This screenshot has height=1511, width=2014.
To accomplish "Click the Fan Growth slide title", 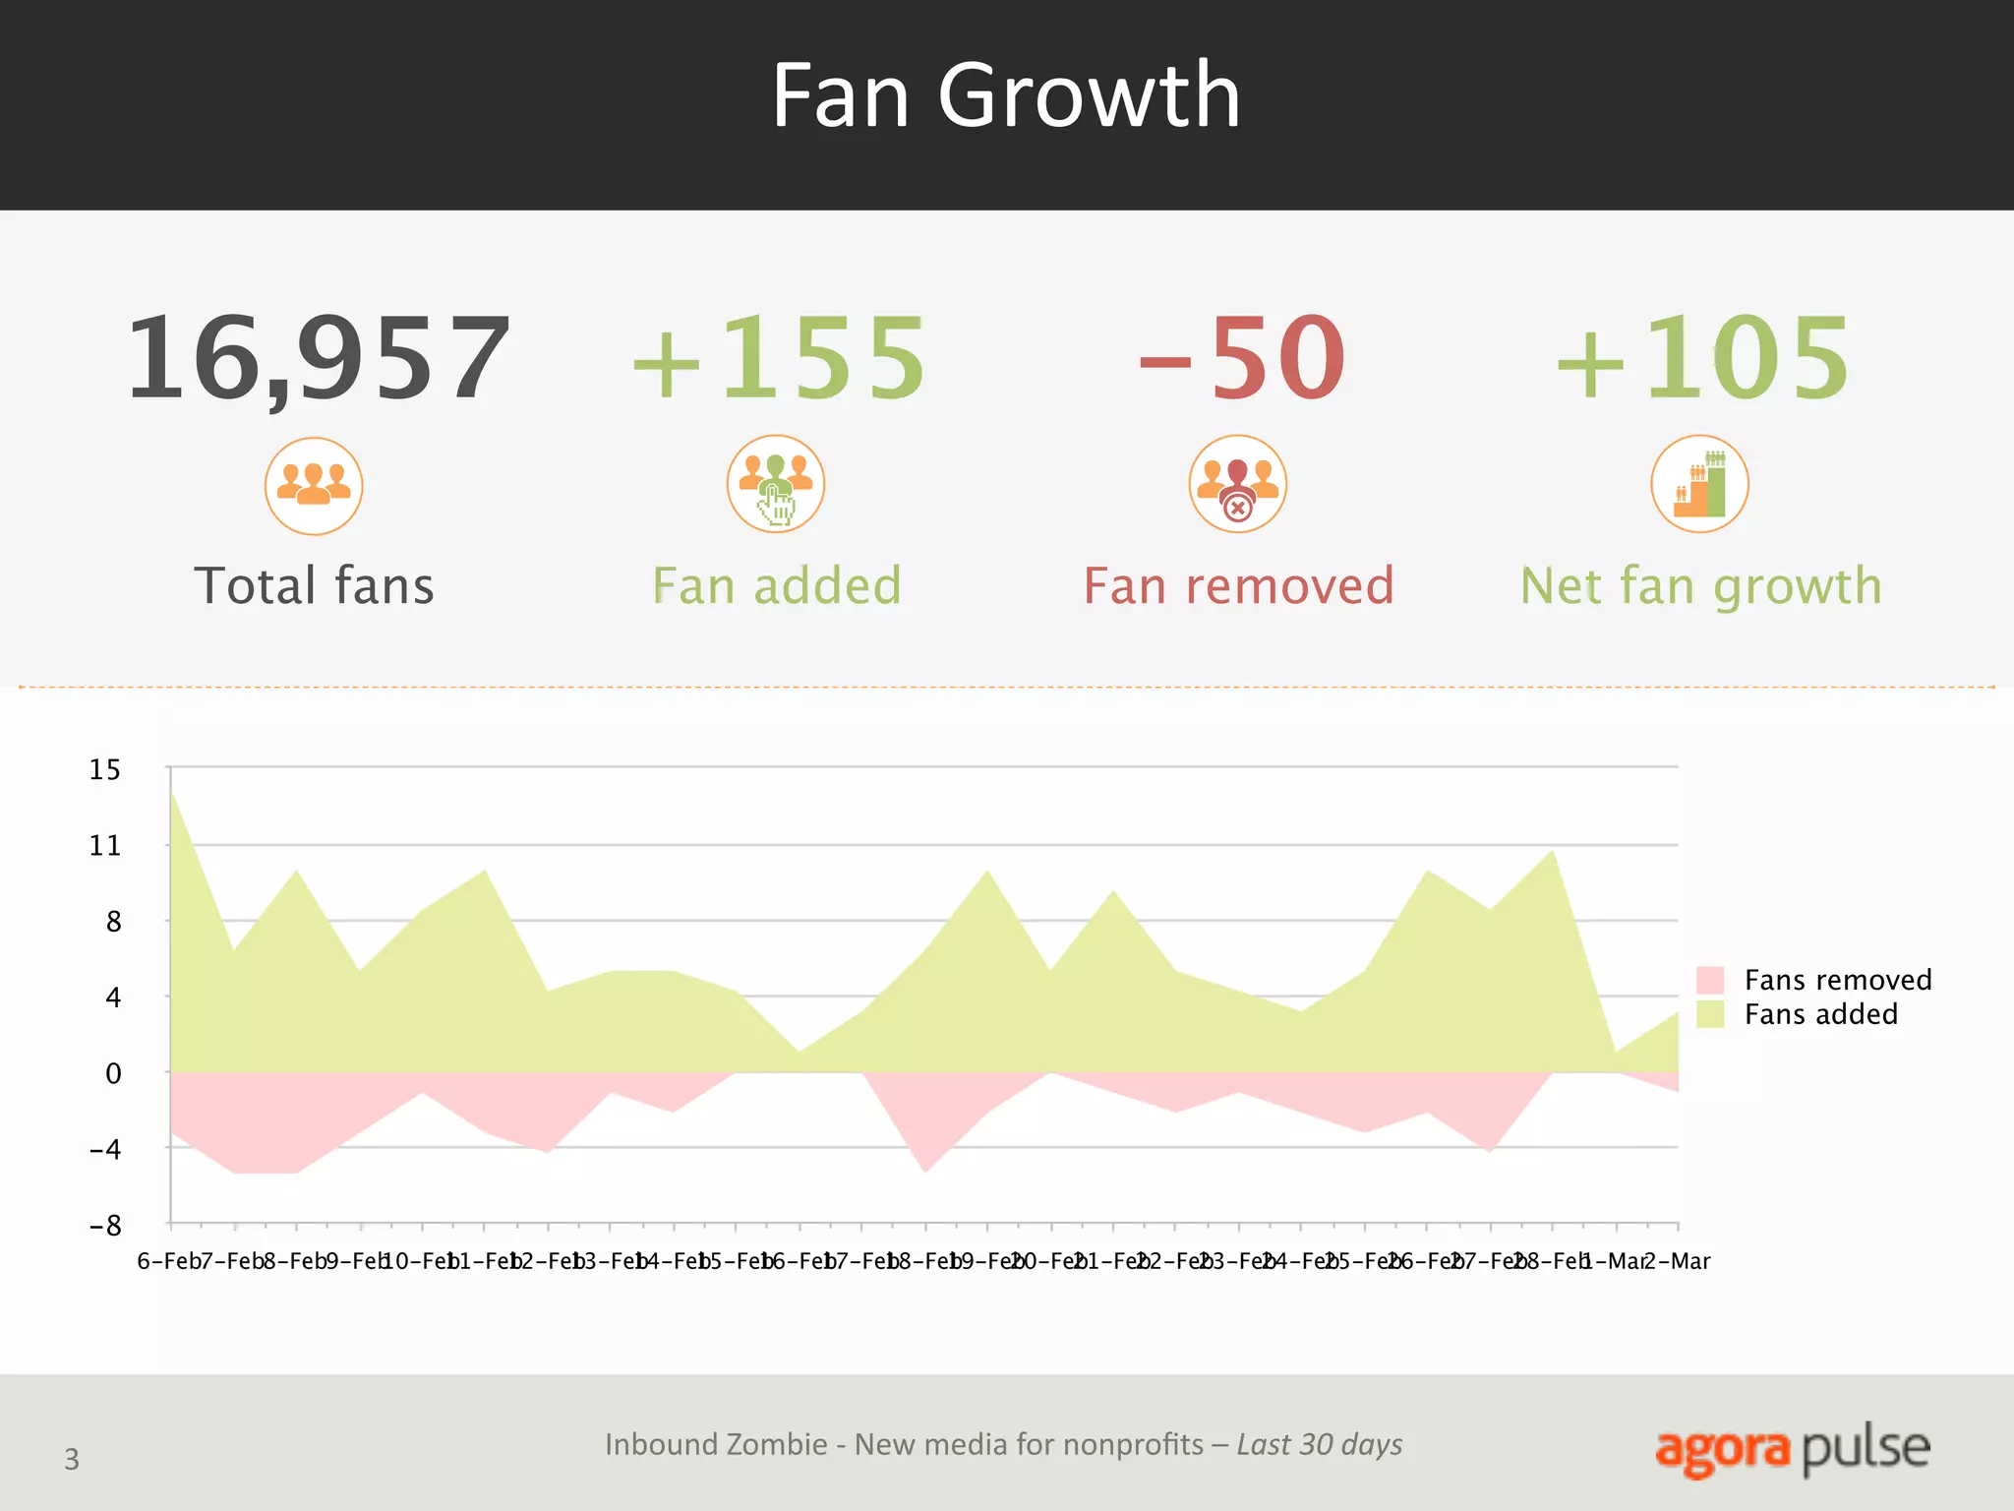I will (x=1005, y=95).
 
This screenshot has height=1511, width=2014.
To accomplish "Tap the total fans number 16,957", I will (x=318, y=357).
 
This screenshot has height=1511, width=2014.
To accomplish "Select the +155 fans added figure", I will (x=778, y=357).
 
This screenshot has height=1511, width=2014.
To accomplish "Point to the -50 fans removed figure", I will (x=1241, y=357).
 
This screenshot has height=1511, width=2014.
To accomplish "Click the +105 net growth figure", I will (x=1701, y=357).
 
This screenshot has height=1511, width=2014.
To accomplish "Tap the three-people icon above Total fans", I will (x=314, y=486).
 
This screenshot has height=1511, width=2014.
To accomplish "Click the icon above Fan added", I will (x=776, y=484).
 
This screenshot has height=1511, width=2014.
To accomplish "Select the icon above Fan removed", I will (x=1238, y=484).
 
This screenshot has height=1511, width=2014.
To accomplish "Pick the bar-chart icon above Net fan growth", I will (x=1699, y=484).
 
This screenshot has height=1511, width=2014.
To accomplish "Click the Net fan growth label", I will (x=1701, y=586).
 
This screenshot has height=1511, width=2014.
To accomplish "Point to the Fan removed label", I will (x=1238, y=586).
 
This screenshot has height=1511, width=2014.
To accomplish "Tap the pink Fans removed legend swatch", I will (x=1710, y=980).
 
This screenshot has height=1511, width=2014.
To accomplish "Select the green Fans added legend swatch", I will (x=1710, y=1014).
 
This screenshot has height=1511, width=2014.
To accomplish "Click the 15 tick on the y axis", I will (x=105, y=770).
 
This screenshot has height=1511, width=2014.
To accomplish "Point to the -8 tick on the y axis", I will (x=105, y=1226).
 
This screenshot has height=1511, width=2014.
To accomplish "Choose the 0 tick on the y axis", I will (x=113, y=1073).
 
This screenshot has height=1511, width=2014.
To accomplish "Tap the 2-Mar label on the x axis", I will (x=1678, y=1261).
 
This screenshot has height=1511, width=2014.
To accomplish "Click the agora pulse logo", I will (x=1792, y=1449).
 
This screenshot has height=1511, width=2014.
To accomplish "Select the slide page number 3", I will (x=72, y=1459).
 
